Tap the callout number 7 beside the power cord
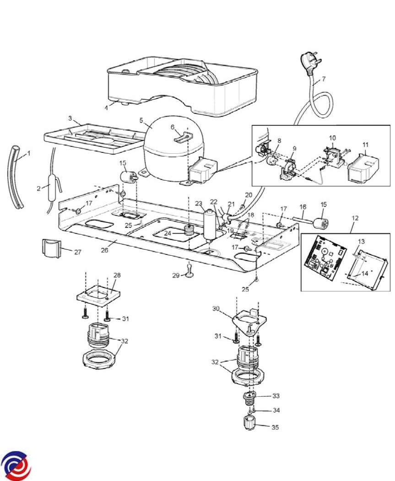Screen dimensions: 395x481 (x=323, y=79)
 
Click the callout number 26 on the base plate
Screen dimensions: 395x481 (x=104, y=250)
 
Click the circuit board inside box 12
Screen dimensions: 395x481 (x=325, y=258)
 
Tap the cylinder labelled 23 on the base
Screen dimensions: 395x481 (x=210, y=226)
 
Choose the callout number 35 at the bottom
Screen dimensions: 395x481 (x=275, y=427)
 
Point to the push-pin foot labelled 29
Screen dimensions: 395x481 (x=189, y=270)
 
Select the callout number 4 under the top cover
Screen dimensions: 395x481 (x=107, y=108)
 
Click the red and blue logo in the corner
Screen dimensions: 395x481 (x=16, y=465)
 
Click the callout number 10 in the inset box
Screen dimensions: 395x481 (x=332, y=138)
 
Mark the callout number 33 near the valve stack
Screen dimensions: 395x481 (x=276, y=396)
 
